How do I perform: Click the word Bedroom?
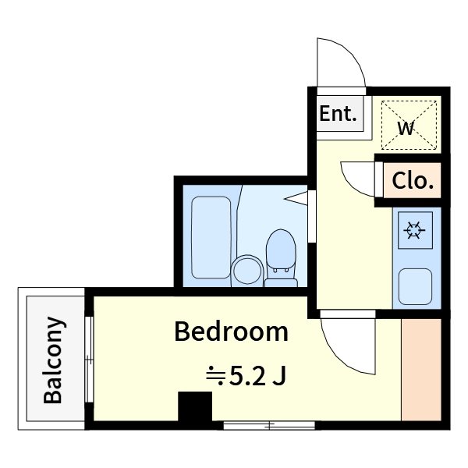[232, 331]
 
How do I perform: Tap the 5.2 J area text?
[258, 376]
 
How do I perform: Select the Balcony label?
[53, 360]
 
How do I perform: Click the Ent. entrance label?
[339, 113]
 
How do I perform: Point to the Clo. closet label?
[413, 181]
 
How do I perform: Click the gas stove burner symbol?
[415, 230]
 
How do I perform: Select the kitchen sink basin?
[415, 286]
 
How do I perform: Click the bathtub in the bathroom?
[211, 238]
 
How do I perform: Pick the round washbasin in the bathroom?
[247, 270]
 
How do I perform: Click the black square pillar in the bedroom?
[195, 406]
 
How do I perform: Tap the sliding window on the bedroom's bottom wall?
[269, 425]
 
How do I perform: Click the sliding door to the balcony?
[89, 360]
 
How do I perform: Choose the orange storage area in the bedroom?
[421, 370]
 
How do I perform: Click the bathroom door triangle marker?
[296, 198]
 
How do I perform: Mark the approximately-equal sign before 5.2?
[215, 377]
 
